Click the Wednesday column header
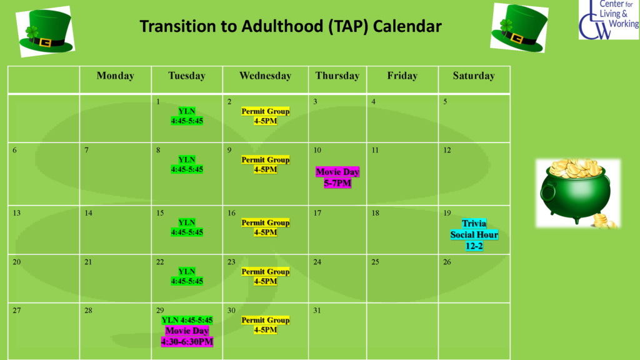coord(265,76)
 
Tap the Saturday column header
coord(474,76)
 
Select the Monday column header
coord(115,76)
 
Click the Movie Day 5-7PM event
coord(337,177)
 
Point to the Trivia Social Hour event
coord(474,235)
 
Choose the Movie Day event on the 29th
coord(187,336)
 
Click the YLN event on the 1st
coord(187,116)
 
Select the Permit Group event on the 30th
coord(265,325)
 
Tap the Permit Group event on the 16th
coord(265,227)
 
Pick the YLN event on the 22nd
coord(187,276)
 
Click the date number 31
coord(317,311)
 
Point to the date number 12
coord(447,150)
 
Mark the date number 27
coord(17,311)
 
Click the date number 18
coord(376,213)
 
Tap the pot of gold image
coord(578,194)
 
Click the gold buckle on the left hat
coord(45,42)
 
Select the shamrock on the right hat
coord(506,26)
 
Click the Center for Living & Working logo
coord(609,19)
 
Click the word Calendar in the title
coord(407,26)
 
